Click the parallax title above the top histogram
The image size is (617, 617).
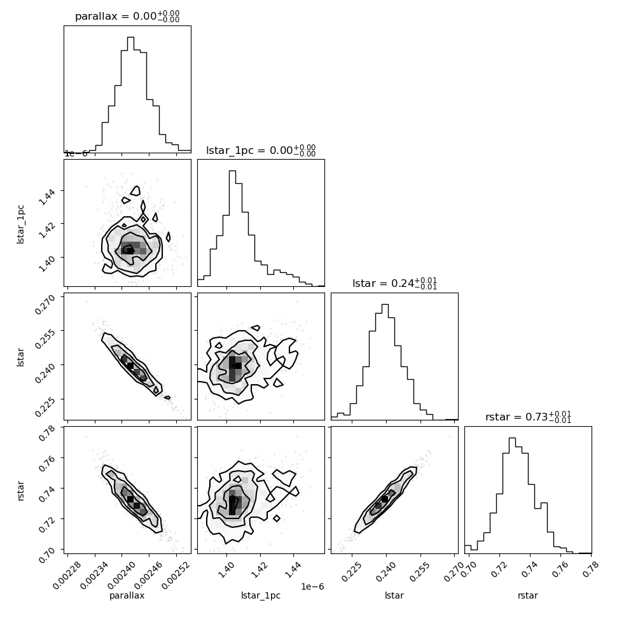click(x=127, y=17)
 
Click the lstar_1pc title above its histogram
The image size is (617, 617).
click(x=261, y=150)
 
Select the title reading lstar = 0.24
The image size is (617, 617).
click(x=394, y=283)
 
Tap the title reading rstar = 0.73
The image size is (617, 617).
click(x=528, y=417)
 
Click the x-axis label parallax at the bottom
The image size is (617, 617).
click(x=127, y=595)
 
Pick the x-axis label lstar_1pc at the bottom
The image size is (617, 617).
click(x=261, y=595)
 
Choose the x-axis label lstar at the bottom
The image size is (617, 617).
click(x=394, y=595)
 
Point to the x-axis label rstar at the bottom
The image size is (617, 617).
click(x=528, y=595)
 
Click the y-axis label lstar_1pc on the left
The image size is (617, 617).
click(x=20, y=225)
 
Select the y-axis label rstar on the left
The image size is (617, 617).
click(x=20, y=490)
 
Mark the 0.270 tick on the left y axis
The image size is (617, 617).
click(x=45, y=304)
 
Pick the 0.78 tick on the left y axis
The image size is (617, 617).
click(x=47, y=432)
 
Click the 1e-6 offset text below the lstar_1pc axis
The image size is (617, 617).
click(x=312, y=586)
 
